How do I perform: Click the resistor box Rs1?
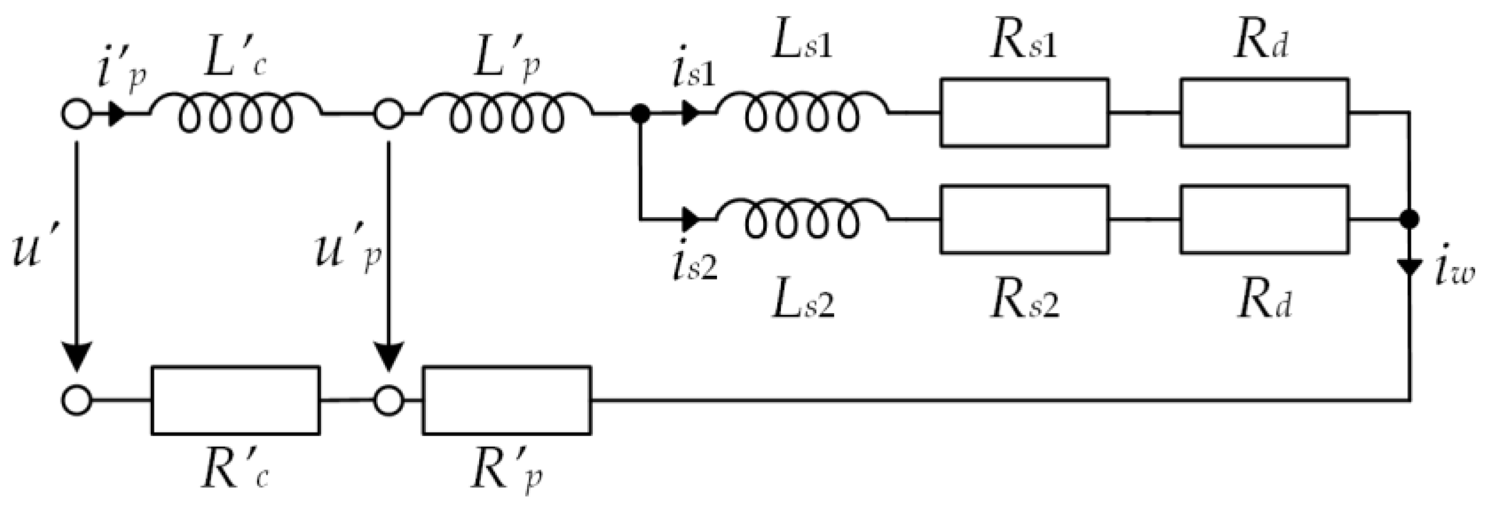click(x=1024, y=112)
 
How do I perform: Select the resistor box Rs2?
click(x=1024, y=220)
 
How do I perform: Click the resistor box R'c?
click(x=235, y=401)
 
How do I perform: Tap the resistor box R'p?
click(x=506, y=401)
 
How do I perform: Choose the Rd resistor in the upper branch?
click(x=1264, y=112)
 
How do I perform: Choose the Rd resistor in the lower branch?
click(x=1264, y=220)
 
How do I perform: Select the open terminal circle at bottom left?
click(x=77, y=401)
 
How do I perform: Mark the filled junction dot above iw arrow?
click(x=1410, y=220)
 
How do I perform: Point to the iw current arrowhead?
click(x=1410, y=269)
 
